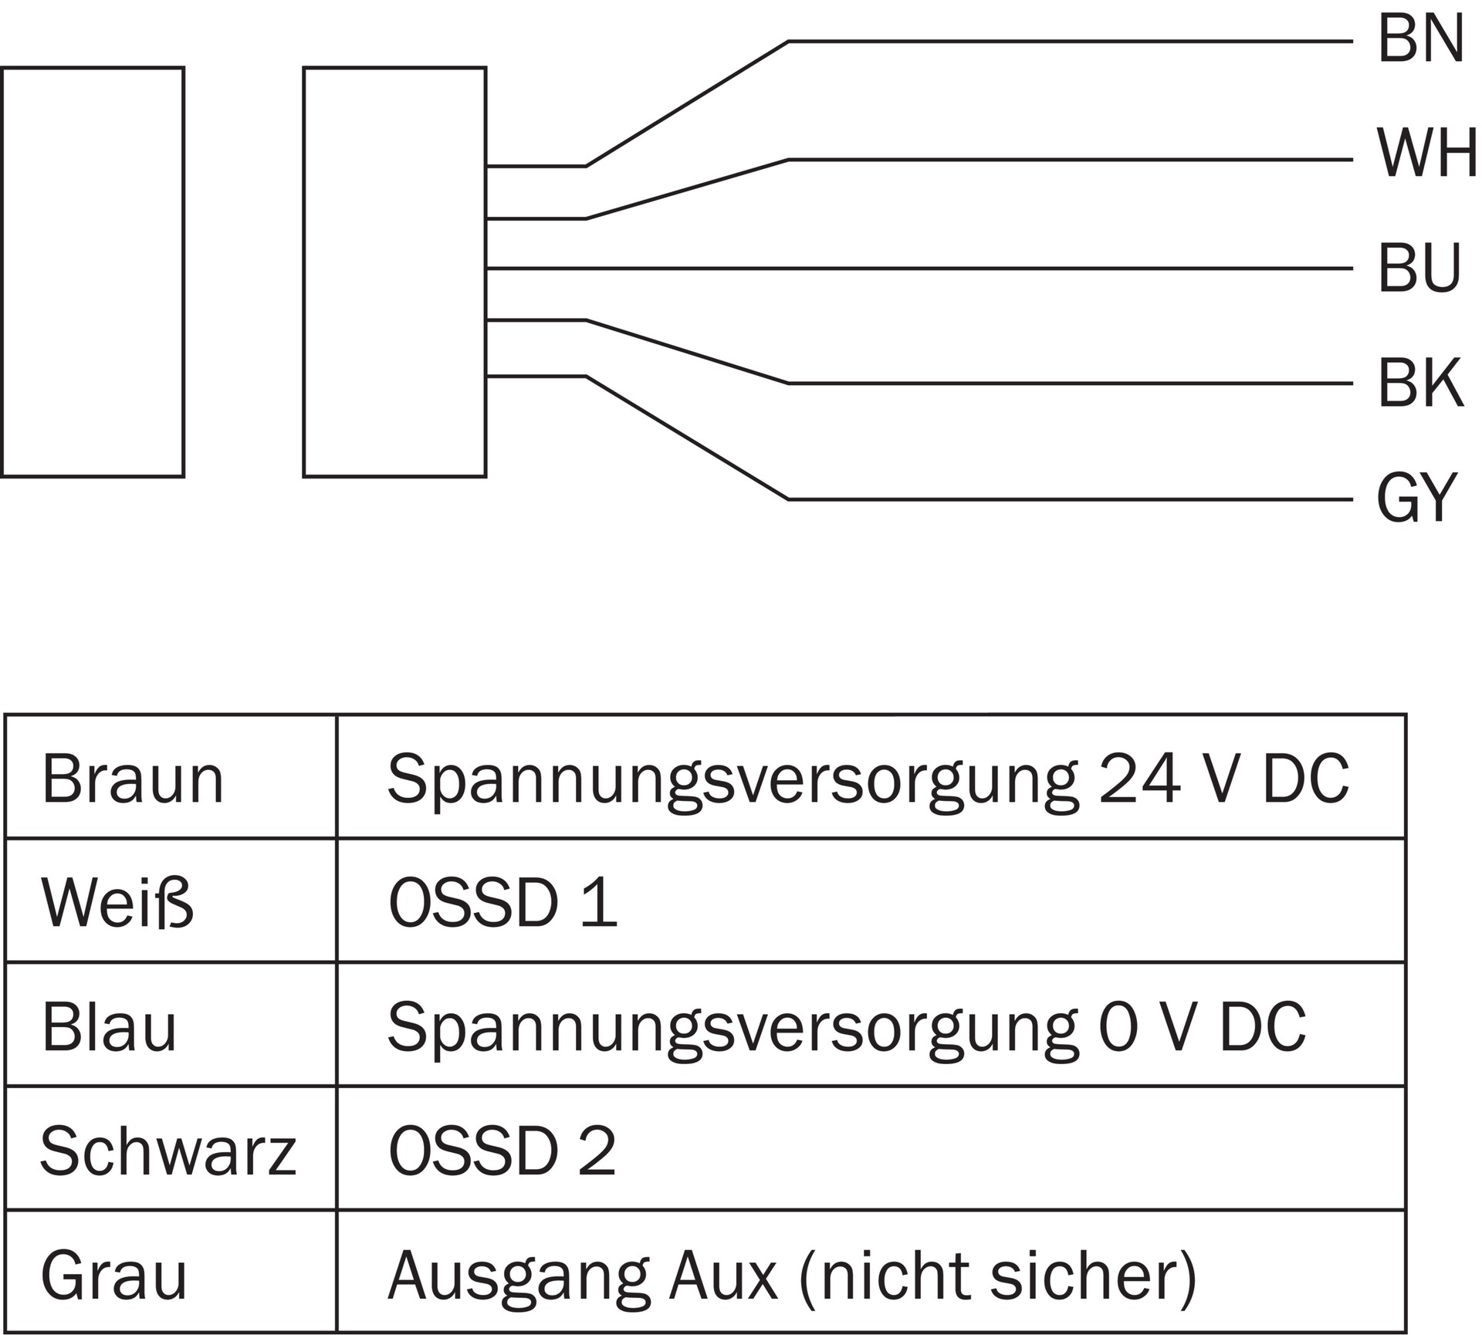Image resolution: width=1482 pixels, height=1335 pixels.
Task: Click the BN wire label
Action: (x=1420, y=40)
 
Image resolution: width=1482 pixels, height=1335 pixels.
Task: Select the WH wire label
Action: (x=1426, y=154)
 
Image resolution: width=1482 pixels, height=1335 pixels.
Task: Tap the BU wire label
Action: (x=1419, y=269)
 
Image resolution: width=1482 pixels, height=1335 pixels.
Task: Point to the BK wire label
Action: (x=1420, y=384)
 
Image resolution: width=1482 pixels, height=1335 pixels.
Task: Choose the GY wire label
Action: (x=1416, y=499)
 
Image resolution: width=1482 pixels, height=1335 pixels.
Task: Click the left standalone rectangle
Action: (x=93, y=272)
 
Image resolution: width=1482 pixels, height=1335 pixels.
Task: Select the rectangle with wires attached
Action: (x=394, y=272)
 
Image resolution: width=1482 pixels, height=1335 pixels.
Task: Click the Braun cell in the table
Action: (x=133, y=780)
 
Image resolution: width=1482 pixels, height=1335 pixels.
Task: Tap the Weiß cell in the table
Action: (x=117, y=903)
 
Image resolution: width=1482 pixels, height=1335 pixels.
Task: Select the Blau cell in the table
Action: (x=110, y=1027)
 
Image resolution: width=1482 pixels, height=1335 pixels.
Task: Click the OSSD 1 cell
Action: (x=502, y=903)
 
